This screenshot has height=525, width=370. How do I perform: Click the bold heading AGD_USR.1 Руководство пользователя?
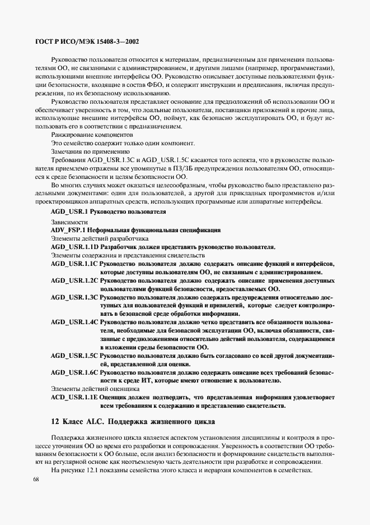109,213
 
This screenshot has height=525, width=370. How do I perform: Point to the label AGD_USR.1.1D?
74,246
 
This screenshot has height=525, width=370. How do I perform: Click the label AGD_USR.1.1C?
74,262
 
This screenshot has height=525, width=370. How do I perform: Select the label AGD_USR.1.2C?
74,279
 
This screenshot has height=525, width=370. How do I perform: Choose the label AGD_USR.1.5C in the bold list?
74,356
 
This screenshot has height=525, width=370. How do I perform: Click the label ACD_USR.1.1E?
74,397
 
